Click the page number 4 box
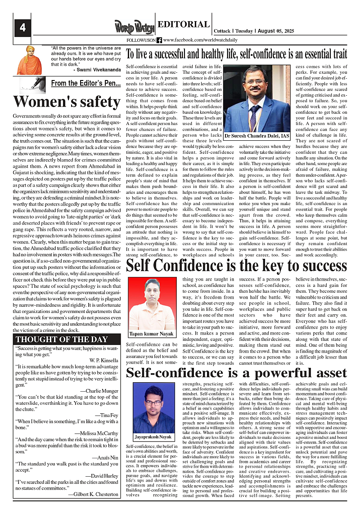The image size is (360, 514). point(22,28)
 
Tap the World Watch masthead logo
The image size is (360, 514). point(134,27)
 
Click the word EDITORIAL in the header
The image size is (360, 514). point(184,24)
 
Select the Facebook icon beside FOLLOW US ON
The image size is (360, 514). point(159,40)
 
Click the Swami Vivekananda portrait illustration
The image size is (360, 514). point(29,60)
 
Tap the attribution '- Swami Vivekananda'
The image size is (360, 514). point(97,70)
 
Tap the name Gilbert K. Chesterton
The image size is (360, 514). point(94,494)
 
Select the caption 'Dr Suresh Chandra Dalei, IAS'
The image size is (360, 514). point(257,135)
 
